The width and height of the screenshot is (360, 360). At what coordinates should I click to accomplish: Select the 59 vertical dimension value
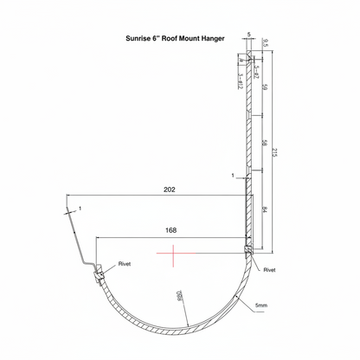coord(264,87)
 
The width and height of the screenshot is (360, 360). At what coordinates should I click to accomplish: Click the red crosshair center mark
coord(174,254)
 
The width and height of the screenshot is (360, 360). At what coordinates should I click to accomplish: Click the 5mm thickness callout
coord(260,305)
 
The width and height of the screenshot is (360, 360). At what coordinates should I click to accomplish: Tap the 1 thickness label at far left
coord(80,208)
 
